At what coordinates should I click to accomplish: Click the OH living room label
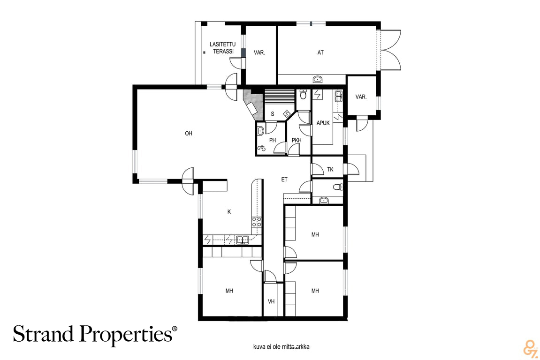189,134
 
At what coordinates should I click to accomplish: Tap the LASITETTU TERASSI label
223,48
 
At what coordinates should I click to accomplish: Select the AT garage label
320,52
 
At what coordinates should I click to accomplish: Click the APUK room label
323,123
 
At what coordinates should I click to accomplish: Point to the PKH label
296,140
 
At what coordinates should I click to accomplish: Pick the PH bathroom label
273,140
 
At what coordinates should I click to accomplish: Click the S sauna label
273,114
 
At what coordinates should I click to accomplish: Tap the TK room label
330,169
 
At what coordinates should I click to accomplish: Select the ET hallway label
284,180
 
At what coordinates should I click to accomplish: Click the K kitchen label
229,212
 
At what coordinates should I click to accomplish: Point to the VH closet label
271,301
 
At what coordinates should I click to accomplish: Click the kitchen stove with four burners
256,222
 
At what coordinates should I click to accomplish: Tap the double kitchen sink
243,240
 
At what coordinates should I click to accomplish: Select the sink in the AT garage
318,80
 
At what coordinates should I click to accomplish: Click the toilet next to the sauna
303,94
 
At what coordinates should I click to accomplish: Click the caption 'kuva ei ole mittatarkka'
281,346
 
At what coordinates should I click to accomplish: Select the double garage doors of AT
390,50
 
